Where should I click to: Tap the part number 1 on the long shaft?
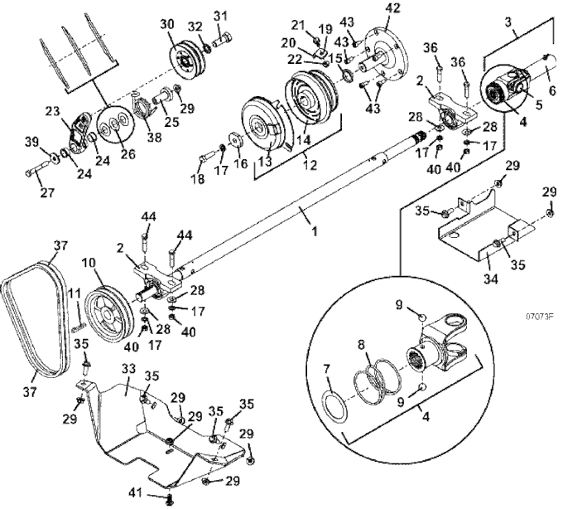tap(315, 231)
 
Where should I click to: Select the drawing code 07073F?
tap(540, 317)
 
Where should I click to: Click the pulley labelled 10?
tap(108, 314)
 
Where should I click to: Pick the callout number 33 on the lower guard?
tap(128, 369)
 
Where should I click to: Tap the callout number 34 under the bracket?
tap(490, 279)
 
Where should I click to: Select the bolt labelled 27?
tap(37, 170)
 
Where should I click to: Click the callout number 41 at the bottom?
tap(137, 492)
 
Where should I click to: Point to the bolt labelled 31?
tap(223, 39)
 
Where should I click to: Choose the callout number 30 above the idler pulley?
tap(167, 24)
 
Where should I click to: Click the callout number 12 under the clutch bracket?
tap(310, 165)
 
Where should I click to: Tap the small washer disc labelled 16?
tap(236, 140)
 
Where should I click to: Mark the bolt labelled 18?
tap(207, 157)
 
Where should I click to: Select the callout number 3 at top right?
tap(508, 22)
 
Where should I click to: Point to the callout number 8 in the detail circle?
tap(361, 345)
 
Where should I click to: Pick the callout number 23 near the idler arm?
tap(52, 111)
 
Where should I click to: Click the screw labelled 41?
tap(171, 499)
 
